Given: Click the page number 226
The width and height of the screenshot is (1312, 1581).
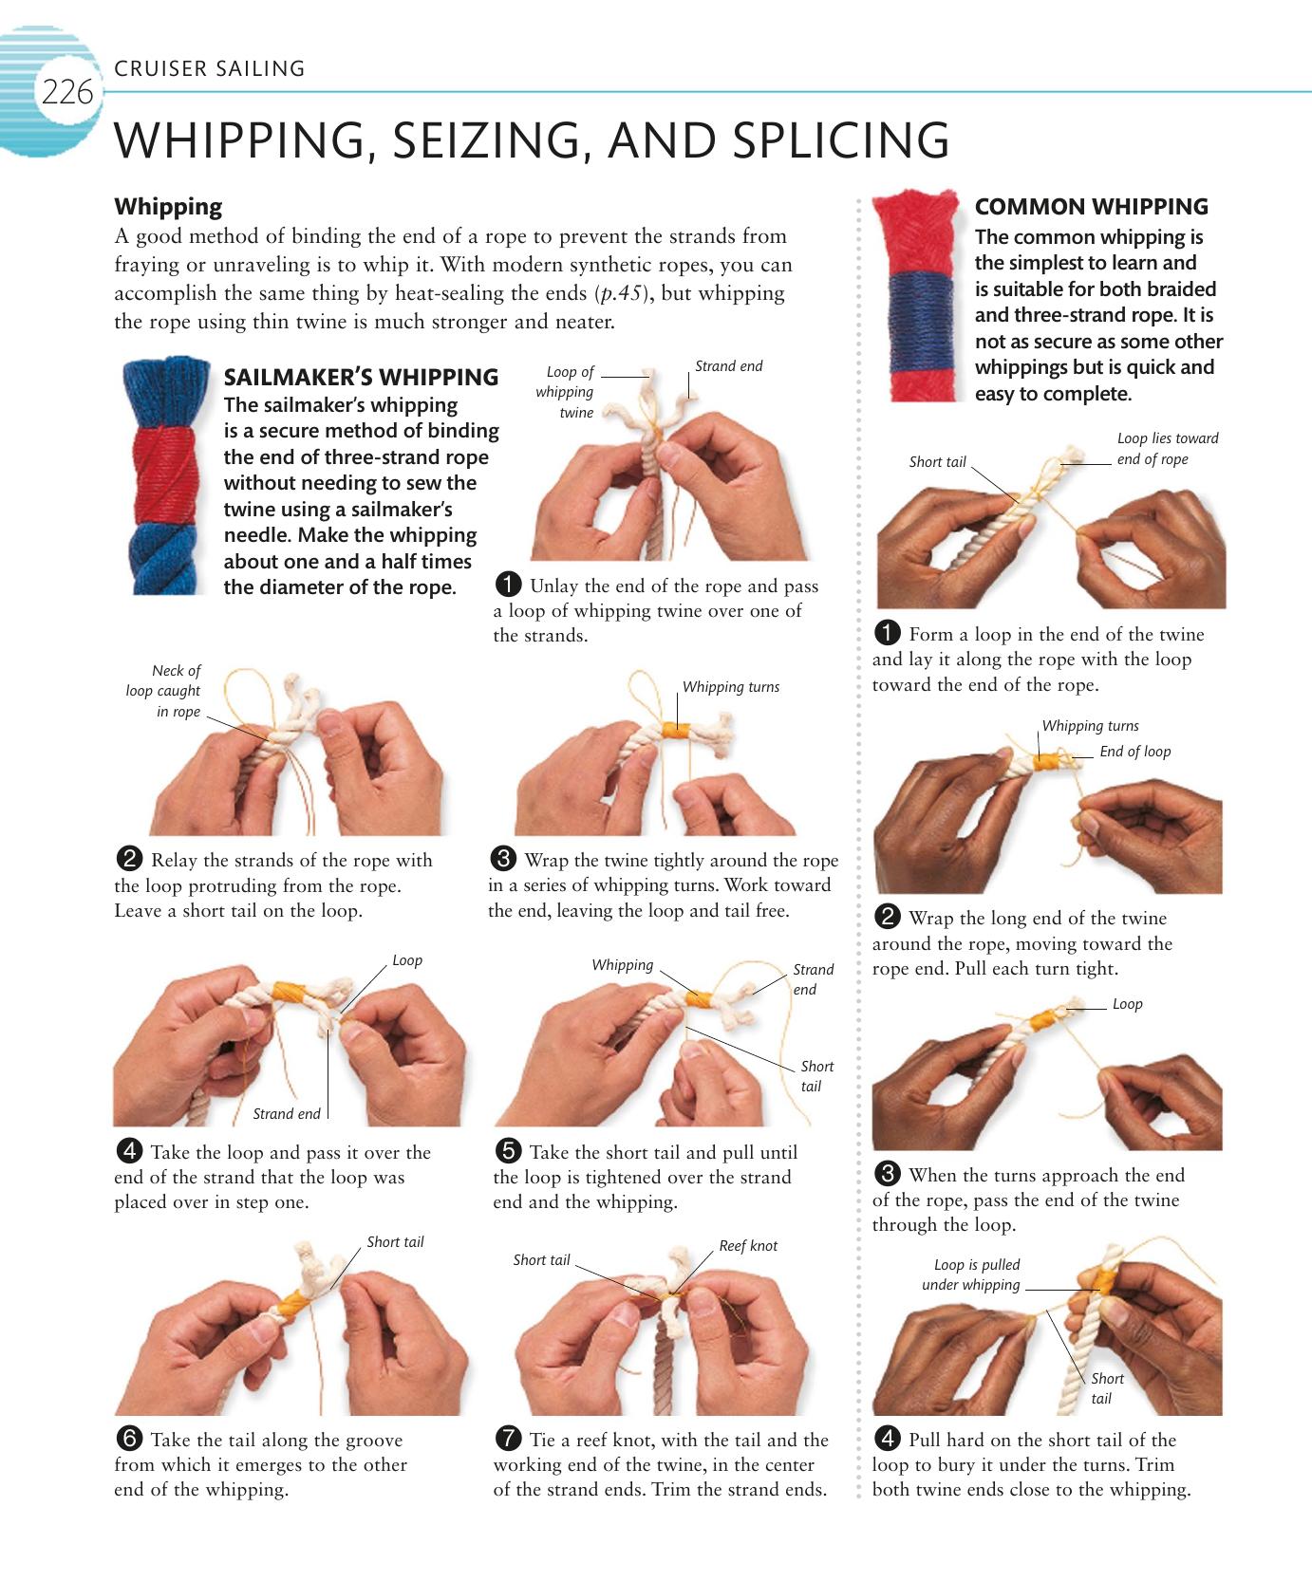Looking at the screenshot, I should point(66,93).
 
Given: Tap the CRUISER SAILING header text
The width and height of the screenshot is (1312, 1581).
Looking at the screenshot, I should point(209,68).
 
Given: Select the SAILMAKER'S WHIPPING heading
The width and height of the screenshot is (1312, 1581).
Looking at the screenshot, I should point(361,377).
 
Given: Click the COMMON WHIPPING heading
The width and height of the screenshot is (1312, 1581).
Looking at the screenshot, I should point(1091,207).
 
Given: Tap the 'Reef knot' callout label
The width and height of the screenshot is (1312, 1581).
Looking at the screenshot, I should point(747,1246).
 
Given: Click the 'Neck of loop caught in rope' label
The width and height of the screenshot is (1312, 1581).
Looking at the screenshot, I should point(163,691).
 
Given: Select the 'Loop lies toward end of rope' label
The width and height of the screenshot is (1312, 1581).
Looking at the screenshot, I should point(1167,449).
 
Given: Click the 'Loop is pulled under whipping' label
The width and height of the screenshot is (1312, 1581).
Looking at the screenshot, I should point(972,1274).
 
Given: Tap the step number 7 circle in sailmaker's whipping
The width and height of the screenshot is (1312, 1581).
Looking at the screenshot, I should point(508,1439).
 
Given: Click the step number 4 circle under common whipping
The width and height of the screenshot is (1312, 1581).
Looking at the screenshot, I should point(887,1439).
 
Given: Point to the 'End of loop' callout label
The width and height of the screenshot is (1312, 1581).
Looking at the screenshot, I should point(1134,752).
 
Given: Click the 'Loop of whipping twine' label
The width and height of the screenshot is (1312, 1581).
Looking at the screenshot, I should point(566,392).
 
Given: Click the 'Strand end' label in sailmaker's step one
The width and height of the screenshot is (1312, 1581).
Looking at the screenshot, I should point(728,366).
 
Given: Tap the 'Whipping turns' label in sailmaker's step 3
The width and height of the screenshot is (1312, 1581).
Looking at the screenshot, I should point(730,687).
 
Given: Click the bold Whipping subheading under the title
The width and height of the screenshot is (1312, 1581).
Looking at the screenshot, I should point(168,207).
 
